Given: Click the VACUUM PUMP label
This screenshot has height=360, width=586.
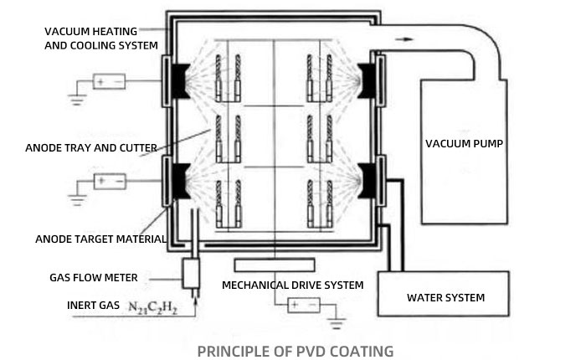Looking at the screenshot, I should pos(463,143).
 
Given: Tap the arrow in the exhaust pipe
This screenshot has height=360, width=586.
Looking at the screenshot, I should pos(407,38).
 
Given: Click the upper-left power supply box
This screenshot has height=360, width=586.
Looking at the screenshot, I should pos(109,82).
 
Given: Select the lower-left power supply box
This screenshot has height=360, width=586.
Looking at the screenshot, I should pos(109,180).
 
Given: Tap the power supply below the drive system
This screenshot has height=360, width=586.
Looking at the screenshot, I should pos(303,306).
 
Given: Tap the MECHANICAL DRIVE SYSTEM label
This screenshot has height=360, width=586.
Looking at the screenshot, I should pos(292,285).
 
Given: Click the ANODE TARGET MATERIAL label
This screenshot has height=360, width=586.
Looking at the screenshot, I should pos(100,239).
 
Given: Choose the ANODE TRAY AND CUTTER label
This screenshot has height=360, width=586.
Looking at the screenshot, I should pos(91,148).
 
